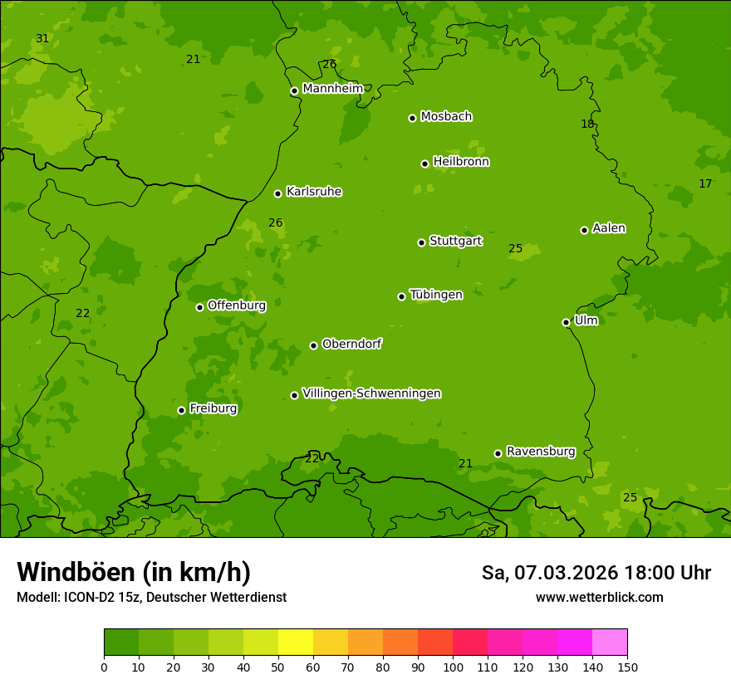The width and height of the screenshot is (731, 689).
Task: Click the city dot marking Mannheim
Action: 294,91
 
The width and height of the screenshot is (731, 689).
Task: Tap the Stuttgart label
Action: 455,242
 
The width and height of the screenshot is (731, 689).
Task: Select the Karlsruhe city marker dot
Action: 277,193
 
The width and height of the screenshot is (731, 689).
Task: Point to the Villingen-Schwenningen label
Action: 371,393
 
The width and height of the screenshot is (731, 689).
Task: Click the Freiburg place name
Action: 213,408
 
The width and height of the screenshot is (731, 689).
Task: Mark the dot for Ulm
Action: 566,322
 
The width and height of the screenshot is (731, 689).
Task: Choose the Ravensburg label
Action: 540,452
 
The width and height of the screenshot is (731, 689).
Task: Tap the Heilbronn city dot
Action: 424,164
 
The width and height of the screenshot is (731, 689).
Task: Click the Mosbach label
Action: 446,117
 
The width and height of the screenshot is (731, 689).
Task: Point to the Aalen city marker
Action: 584,230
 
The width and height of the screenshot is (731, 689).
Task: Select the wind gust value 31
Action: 42,39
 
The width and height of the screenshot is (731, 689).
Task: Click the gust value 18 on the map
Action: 587,125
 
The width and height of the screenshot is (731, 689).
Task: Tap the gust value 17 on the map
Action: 705,184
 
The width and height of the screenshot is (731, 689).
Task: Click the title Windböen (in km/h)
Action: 134,572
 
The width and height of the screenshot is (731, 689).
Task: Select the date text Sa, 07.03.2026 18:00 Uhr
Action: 596,573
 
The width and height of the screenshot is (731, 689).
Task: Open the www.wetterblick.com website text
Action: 599,598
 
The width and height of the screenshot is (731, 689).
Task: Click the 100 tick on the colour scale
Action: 453,667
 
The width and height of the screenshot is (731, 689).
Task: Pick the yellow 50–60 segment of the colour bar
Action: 296,643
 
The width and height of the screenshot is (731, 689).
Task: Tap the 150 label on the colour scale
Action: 627,667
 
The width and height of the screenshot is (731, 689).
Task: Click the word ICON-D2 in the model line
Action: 91,598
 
